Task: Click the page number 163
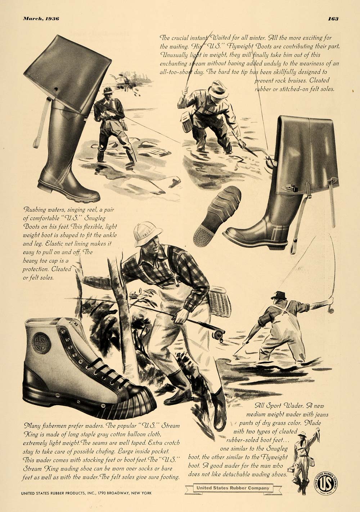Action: click(333, 19)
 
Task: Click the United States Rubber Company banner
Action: click(233, 488)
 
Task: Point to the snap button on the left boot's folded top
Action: click(55, 89)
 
